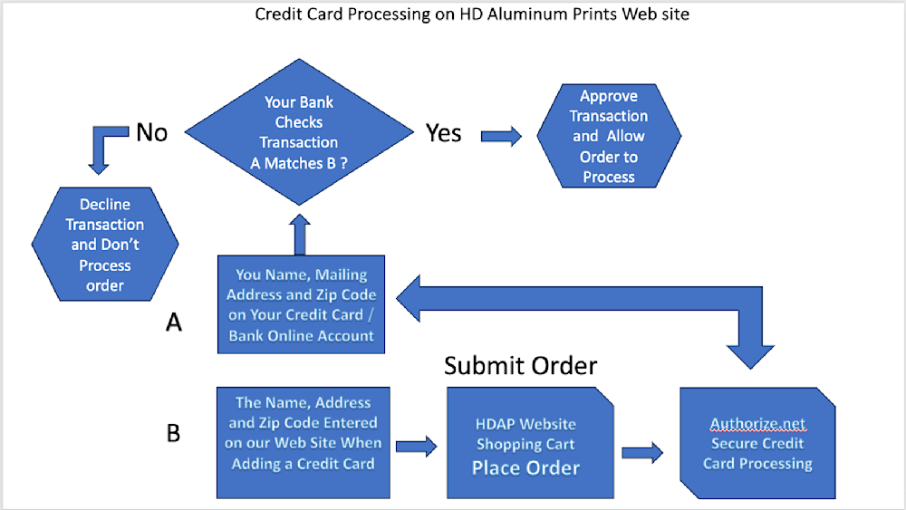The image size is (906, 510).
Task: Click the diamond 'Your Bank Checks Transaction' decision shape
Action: click(x=299, y=131)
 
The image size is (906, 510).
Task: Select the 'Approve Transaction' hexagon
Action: click(x=609, y=136)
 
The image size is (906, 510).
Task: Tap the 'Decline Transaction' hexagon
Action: click(x=105, y=244)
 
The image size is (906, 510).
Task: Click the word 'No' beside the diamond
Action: click(x=152, y=133)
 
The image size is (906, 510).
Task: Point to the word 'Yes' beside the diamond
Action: click(x=443, y=133)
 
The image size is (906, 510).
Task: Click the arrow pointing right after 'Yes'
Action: click(x=502, y=136)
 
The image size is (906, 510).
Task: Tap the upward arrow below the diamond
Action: click(x=300, y=235)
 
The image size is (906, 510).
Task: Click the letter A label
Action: click(x=174, y=322)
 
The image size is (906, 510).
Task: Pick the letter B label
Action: click(x=173, y=433)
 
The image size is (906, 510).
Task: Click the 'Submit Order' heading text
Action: click(x=521, y=366)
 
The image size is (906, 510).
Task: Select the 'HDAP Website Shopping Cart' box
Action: click(x=530, y=442)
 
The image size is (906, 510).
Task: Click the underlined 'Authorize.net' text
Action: click(x=757, y=424)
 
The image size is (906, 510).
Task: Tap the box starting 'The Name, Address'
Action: click(x=304, y=442)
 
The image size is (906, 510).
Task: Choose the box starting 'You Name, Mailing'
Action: click(x=301, y=304)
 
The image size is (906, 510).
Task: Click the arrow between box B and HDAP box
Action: click(x=417, y=446)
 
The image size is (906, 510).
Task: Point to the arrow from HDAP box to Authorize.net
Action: click(x=642, y=452)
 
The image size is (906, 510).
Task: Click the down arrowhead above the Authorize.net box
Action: click(x=750, y=356)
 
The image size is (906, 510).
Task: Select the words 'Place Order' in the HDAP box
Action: click(x=525, y=467)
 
